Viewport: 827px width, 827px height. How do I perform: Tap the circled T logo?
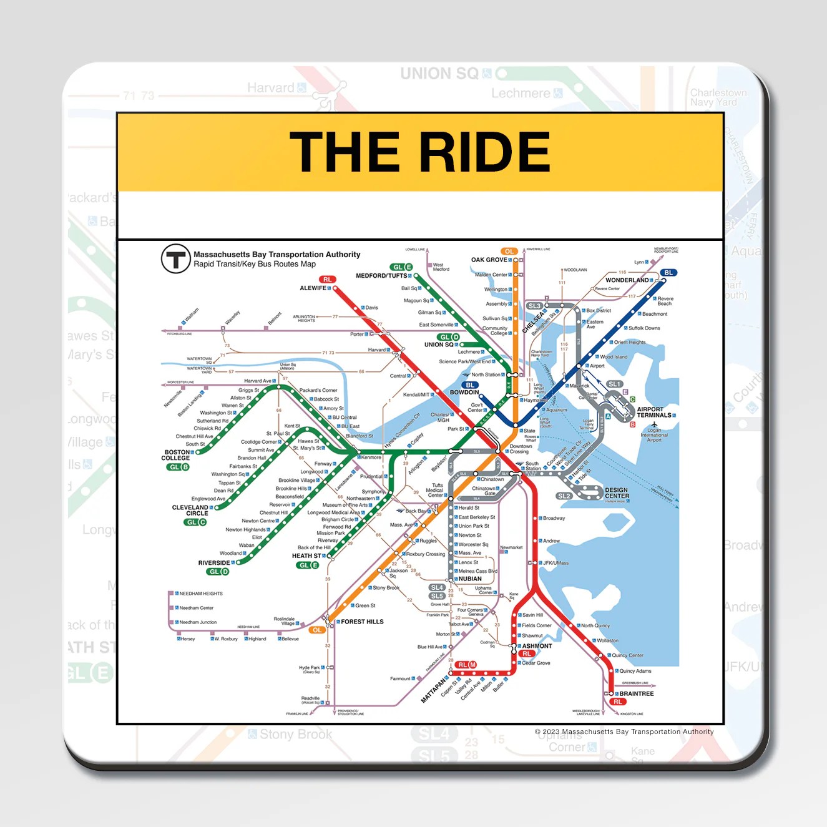pyautogui.click(x=176, y=258)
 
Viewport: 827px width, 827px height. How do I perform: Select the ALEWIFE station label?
pyautogui.click(x=313, y=288)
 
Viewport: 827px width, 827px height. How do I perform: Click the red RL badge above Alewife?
pyautogui.click(x=327, y=280)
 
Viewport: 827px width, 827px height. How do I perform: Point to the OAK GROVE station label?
pyautogui.click(x=489, y=260)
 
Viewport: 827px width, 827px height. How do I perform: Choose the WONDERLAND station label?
pyautogui.click(x=627, y=280)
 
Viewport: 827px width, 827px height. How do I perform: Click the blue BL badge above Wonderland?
pyautogui.click(x=668, y=273)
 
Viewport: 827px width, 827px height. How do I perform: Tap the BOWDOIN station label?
pyautogui.click(x=464, y=393)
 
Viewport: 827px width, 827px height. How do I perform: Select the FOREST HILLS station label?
pyautogui.click(x=362, y=622)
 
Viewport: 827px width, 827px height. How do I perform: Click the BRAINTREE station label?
pyautogui.click(x=637, y=693)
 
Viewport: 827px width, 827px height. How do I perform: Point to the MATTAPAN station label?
pyautogui.click(x=434, y=689)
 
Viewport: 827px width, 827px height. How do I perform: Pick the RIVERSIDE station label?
pyautogui.click(x=214, y=563)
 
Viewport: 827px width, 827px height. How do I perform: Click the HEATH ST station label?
pyautogui.click(x=306, y=555)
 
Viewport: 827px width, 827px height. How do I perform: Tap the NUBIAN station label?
pyautogui.click(x=470, y=579)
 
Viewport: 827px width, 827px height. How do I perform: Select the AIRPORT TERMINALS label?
pyautogui.click(x=653, y=413)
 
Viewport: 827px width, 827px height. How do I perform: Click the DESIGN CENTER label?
pyautogui.click(x=617, y=493)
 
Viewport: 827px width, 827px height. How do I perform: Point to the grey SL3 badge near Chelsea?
pyautogui.click(x=535, y=306)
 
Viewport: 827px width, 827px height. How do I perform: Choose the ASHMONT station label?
pyautogui.click(x=537, y=646)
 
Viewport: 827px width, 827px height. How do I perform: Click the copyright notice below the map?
pyautogui.click(x=624, y=732)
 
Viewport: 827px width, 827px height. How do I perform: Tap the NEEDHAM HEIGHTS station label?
pyautogui.click(x=201, y=594)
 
